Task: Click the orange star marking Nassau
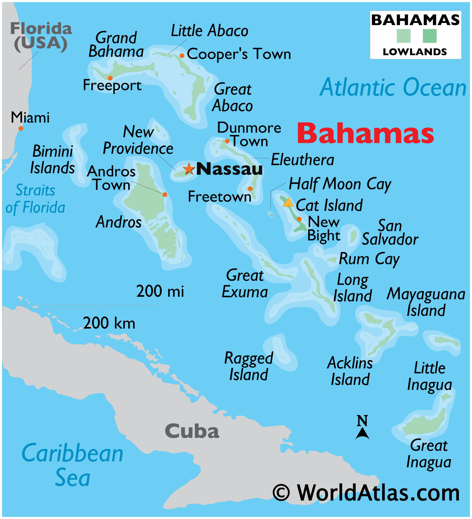click(189, 169)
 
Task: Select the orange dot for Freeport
click(110, 78)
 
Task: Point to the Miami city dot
click(21, 128)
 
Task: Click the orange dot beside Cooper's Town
click(182, 56)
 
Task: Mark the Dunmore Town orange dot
click(227, 141)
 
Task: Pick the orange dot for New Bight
click(299, 219)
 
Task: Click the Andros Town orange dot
click(165, 194)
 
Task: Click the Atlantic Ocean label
click(393, 88)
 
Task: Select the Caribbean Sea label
click(73, 464)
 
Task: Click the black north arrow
click(362, 433)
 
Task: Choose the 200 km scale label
click(109, 323)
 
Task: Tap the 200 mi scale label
click(160, 291)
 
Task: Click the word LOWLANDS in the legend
click(415, 52)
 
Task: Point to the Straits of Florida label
click(35, 199)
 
